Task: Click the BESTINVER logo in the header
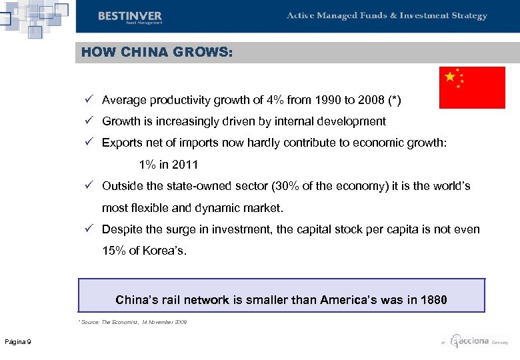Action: (x=129, y=17)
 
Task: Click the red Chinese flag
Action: (x=473, y=87)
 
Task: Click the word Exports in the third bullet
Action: (x=122, y=143)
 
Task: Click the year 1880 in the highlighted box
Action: (x=434, y=300)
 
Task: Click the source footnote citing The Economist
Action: (x=133, y=322)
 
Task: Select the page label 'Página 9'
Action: (x=18, y=342)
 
